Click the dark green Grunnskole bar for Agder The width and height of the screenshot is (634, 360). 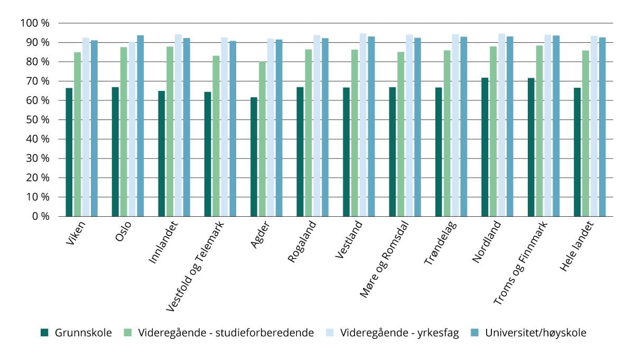coord(254,157)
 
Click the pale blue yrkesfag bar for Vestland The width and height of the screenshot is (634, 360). coord(363,125)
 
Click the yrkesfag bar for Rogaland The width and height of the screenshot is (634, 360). coord(317,126)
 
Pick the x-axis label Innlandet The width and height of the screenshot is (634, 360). coord(163,246)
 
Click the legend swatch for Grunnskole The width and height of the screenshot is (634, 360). coord(45,333)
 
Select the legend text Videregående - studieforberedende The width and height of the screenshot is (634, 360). coord(226,333)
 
